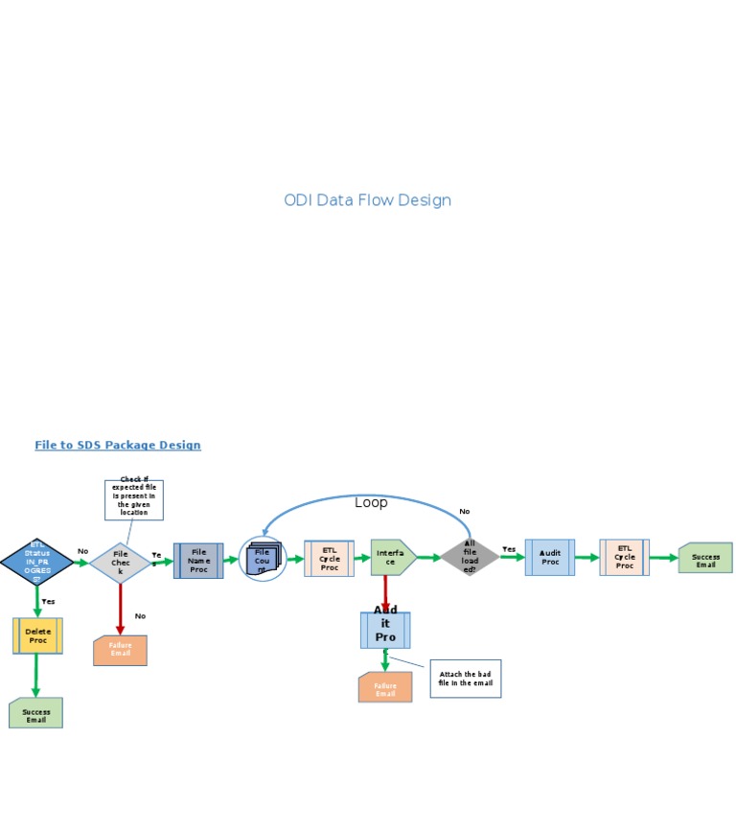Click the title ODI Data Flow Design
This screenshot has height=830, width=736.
(367, 200)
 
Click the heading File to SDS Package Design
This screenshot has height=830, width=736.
(118, 445)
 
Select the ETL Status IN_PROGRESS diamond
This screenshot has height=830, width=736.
(36, 562)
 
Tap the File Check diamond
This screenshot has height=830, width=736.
(121, 563)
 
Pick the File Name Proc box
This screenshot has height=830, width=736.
(198, 561)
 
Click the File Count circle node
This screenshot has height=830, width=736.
(263, 560)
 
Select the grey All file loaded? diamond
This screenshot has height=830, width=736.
(470, 557)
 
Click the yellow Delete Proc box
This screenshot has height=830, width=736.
(38, 635)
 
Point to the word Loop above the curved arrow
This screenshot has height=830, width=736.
(371, 502)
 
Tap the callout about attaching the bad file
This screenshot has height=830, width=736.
(465, 679)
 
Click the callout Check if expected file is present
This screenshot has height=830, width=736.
(134, 498)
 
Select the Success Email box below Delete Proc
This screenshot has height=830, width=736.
(36, 713)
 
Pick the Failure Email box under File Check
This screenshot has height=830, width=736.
(120, 650)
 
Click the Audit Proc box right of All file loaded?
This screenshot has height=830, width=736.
(550, 557)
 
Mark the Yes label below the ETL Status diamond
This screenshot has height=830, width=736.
(48, 601)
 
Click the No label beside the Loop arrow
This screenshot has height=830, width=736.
(465, 511)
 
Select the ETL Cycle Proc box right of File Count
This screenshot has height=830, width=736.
(330, 559)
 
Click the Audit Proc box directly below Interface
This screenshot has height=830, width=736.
(385, 630)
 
